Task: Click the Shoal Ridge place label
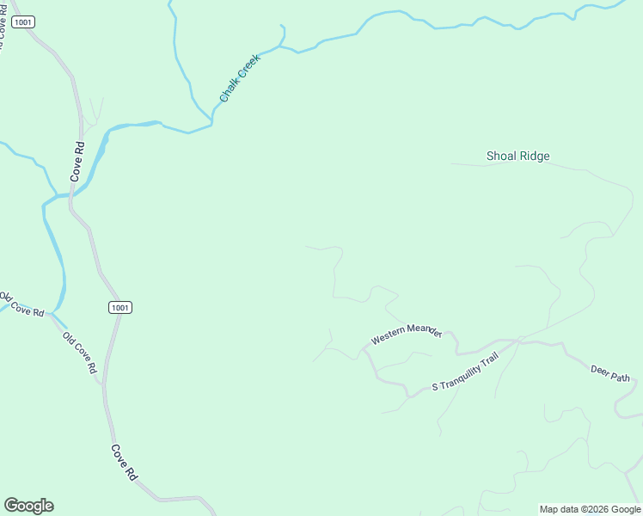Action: click(517, 157)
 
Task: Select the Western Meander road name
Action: click(406, 335)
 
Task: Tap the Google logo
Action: click(28, 506)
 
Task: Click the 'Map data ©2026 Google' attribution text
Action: click(591, 509)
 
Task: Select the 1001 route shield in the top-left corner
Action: click(23, 21)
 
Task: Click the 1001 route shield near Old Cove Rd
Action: click(120, 307)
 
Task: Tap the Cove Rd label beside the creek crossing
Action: click(78, 159)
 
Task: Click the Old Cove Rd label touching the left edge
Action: click(21, 304)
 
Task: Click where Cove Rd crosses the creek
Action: click(72, 194)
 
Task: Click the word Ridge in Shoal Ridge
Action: click(532, 157)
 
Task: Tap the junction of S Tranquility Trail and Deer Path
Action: click(520, 341)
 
